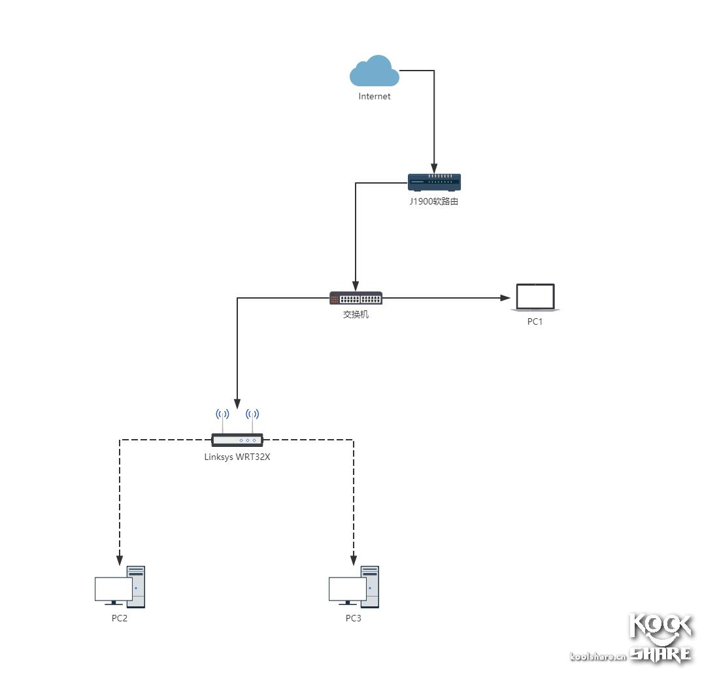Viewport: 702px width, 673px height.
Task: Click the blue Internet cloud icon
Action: pyautogui.click(x=374, y=72)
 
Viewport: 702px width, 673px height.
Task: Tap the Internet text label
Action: pyautogui.click(x=375, y=97)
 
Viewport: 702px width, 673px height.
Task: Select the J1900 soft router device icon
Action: pyautogui.click(x=434, y=182)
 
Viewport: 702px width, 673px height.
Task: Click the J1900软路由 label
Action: pyautogui.click(x=434, y=202)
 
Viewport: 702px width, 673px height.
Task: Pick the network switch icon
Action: pyautogui.click(x=356, y=299)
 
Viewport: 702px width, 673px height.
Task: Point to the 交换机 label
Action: pyautogui.click(x=356, y=314)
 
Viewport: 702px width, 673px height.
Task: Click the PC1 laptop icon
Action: pyautogui.click(x=535, y=297)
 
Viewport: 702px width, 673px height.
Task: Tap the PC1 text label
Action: pyautogui.click(x=535, y=321)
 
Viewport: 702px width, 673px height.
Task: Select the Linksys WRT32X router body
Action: pyautogui.click(x=237, y=440)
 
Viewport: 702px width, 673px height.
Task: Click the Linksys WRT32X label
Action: pyautogui.click(x=237, y=457)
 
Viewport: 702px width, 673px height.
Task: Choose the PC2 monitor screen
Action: pyautogui.click(x=113, y=589)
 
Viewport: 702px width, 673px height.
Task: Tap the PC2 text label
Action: pyautogui.click(x=120, y=618)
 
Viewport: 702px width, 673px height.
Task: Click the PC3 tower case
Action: pyautogui.click(x=371, y=587)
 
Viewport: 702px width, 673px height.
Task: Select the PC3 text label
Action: pyautogui.click(x=354, y=618)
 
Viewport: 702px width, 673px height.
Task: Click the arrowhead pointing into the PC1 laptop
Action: pyautogui.click(x=505, y=298)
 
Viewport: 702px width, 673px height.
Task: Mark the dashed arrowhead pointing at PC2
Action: pyautogui.click(x=120, y=560)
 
